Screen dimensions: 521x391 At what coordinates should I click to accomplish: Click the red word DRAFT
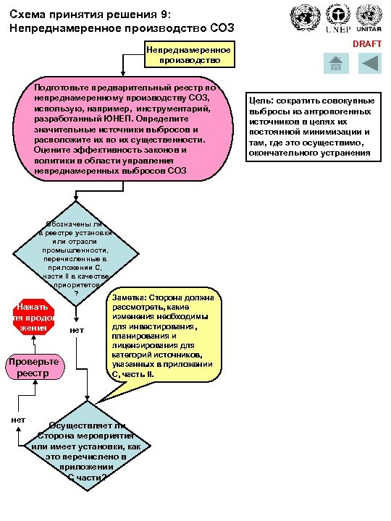pyautogui.click(x=366, y=44)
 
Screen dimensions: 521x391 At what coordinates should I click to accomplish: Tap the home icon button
pyautogui.click(x=335, y=64)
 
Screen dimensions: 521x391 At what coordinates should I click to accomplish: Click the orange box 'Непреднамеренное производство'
pyautogui.click(x=188, y=55)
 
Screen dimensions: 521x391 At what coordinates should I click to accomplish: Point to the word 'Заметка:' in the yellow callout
pyautogui.click(x=130, y=297)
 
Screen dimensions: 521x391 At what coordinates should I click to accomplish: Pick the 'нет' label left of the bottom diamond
pyautogui.click(x=20, y=420)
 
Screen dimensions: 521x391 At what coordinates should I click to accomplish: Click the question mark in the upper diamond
pyautogui.click(x=86, y=293)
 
